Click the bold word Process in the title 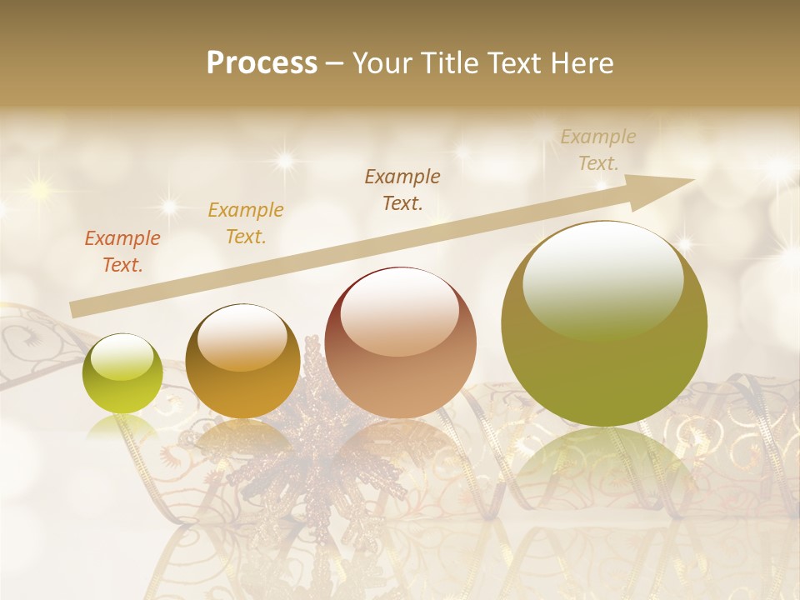(x=262, y=63)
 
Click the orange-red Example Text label (x=122, y=251)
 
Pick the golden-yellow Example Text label (x=246, y=222)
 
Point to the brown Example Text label (x=402, y=189)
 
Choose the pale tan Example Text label (x=598, y=150)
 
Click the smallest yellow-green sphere (x=122, y=373)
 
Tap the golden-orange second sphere (x=242, y=361)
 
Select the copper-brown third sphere (x=401, y=342)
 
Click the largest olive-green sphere (x=604, y=324)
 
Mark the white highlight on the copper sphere (x=399, y=311)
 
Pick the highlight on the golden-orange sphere (x=242, y=337)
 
